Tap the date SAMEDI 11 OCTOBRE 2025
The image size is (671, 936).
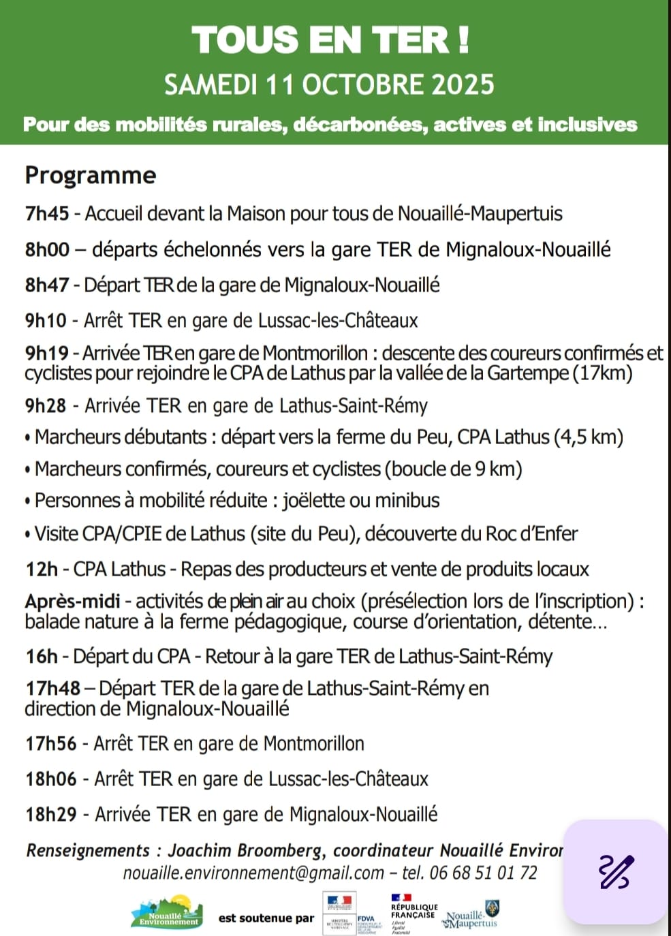[329, 84]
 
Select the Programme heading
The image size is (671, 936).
[91, 175]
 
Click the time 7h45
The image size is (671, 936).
[47, 214]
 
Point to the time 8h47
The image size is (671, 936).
[47, 285]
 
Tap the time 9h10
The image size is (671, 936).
[46, 320]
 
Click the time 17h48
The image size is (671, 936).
[52, 689]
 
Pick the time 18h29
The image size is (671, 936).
[50, 814]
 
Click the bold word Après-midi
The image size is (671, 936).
[72, 602]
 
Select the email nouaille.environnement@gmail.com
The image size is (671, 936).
[253, 873]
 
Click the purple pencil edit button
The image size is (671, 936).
[616, 872]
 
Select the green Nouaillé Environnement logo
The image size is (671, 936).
[168, 913]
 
